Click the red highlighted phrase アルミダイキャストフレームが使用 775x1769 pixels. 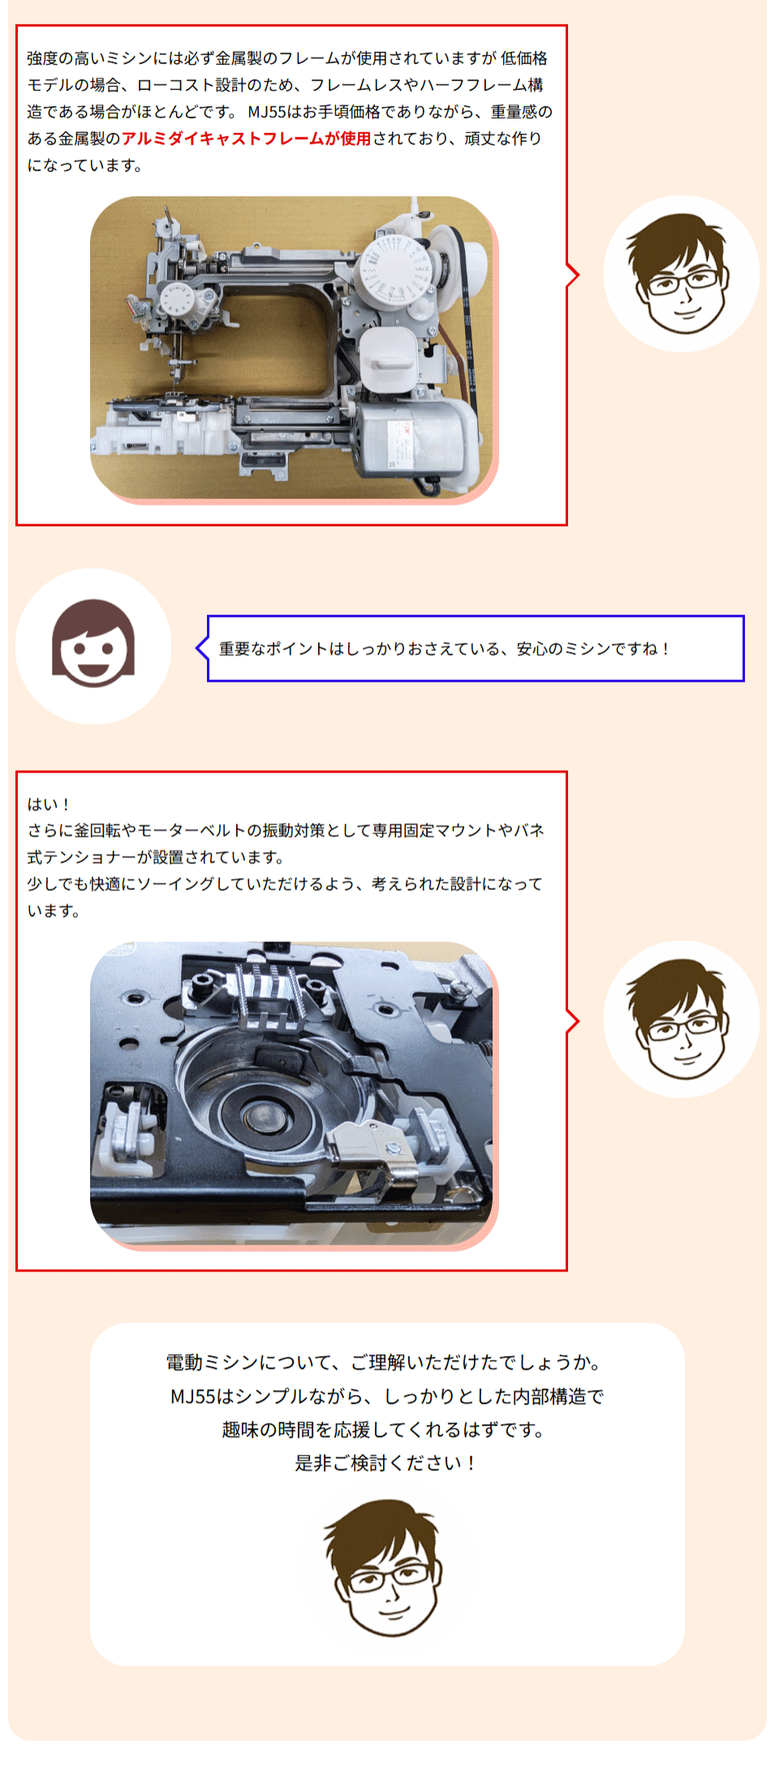pos(247,139)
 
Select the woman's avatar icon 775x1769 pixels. pos(93,646)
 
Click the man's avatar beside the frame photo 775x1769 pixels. pos(682,273)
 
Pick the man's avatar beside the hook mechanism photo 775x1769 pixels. pos(682,1019)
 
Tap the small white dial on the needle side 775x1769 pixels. pos(176,303)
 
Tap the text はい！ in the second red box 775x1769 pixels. pos(50,804)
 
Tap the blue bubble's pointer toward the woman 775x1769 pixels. pos(202,648)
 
